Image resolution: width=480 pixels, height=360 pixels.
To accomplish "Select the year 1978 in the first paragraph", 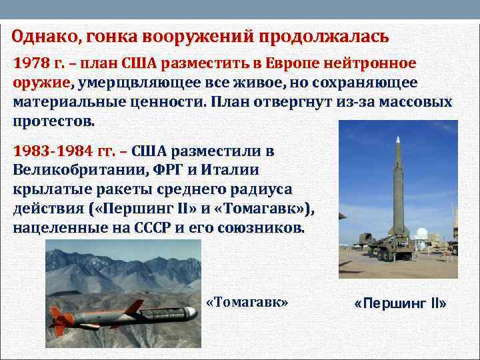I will click(31, 64).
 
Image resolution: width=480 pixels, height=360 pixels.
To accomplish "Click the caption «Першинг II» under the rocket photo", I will click(401, 304).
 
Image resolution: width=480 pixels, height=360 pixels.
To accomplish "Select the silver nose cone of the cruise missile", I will click(191, 312).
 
